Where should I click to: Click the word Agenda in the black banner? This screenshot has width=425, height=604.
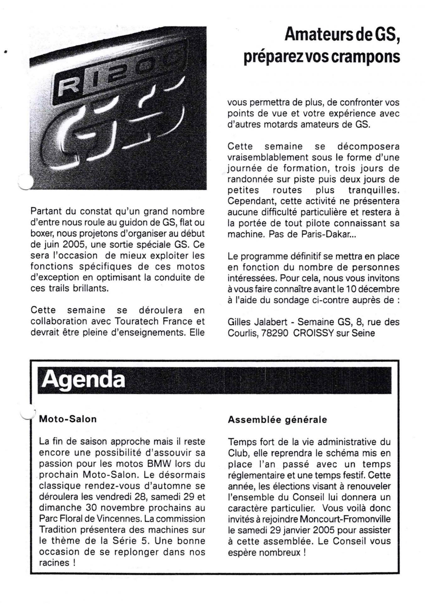(x=83, y=380)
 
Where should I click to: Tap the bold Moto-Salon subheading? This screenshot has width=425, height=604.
(x=68, y=419)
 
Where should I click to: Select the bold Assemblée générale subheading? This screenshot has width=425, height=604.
(x=277, y=420)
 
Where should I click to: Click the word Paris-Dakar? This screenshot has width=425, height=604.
(x=328, y=234)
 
